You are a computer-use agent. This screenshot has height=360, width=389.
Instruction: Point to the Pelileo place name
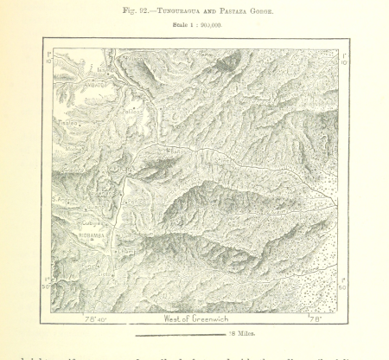pos(136,111)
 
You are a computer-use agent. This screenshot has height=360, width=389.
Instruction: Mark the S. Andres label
pos(64,200)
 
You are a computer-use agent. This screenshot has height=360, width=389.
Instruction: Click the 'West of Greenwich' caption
pos(199,318)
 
